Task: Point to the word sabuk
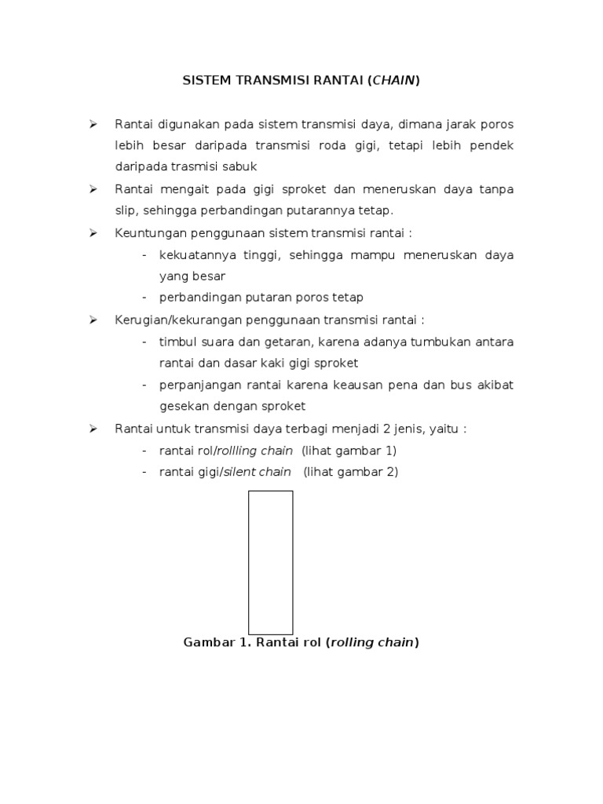pyautogui.click(x=241, y=167)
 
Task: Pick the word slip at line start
pyautogui.click(x=126, y=211)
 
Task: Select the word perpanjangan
pyautogui.click(x=197, y=385)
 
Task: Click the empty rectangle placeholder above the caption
pyautogui.click(x=270, y=562)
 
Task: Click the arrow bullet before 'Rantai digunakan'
pyautogui.click(x=93, y=124)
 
